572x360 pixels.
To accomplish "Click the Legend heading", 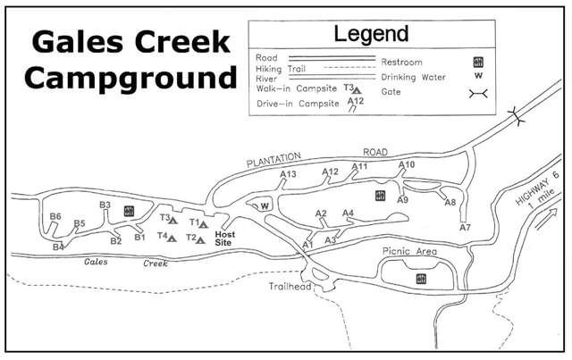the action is pyautogui.click(x=371, y=36).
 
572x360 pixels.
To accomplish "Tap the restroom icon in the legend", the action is pyautogui.click(x=478, y=62).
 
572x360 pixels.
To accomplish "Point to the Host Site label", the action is pyautogui.click(x=223, y=236).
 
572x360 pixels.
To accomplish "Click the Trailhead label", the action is pyautogui.click(x=288, y=287).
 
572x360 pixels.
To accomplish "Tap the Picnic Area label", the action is pyautogui.click(x=408, y=252).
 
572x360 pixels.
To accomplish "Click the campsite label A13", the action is pyautogui.click(x=288, y=174).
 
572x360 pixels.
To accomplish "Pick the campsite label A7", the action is pyautogui.click(x=465, y=228).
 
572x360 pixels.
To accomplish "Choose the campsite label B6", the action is pyautogui.click(x=55, y=216).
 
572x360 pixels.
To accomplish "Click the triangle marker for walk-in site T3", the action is pyautogui.click(x=174, y=218).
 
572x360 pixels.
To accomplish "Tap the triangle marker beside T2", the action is pyautogui.click(x=202, y=239).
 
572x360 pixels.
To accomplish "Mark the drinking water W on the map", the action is pyautogui.click(x=264, y=206).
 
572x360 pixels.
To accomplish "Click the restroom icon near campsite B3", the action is pyautogui.click(x=129, y=211).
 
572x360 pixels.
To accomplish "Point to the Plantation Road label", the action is pyautogui.click(x=319, y=156).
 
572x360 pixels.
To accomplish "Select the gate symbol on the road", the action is pyautogui.click(x=517, y=115).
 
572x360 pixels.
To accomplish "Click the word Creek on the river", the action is pyautogui.click(x=155, y=264).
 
